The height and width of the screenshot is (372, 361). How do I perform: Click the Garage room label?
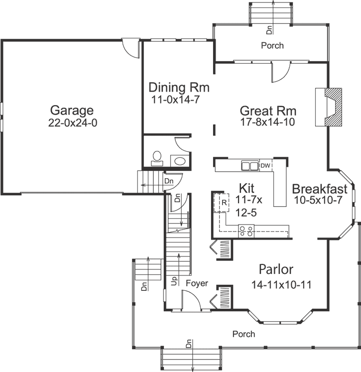click(x=72, y=110)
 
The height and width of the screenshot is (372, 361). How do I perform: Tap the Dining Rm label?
click(x=179, y=88)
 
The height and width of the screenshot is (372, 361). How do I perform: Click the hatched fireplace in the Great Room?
click(x=329, y=108)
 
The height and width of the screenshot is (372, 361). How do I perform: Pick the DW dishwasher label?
click(x=266, y=166)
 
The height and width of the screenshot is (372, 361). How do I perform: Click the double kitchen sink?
click(x=249, y=166)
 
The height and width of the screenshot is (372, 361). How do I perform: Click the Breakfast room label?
click(x=319, y=189)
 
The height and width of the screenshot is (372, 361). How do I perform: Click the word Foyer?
click(x=196, y=283)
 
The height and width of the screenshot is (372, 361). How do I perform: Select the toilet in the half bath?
click(x=157, y=158)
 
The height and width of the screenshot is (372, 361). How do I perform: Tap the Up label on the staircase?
click(x=174, y=281)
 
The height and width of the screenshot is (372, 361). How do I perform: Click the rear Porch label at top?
click(x=272, y=45)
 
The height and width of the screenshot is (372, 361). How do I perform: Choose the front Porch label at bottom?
click(x=243, y=334)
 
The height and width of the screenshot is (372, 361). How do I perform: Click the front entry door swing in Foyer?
click(x=191, y=300)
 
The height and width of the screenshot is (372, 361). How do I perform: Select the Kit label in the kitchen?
click(x=247, y=188)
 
